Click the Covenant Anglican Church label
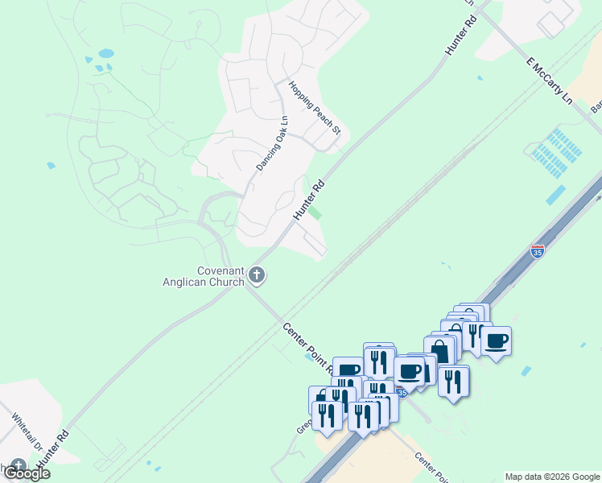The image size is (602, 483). pos(210,276)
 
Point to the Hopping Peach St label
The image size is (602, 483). pos(315,108)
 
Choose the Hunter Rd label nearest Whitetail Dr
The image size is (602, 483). pos(59,442)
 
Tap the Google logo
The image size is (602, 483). pos(27,473)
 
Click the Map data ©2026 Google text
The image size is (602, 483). pos(553,477)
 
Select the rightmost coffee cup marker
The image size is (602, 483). pos(496,341)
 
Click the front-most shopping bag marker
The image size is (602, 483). pos(439,351)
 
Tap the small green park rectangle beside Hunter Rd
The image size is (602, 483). pos(316,213)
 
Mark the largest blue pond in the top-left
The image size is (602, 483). pos(105,54)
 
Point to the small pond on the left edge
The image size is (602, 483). pos(52,166)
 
